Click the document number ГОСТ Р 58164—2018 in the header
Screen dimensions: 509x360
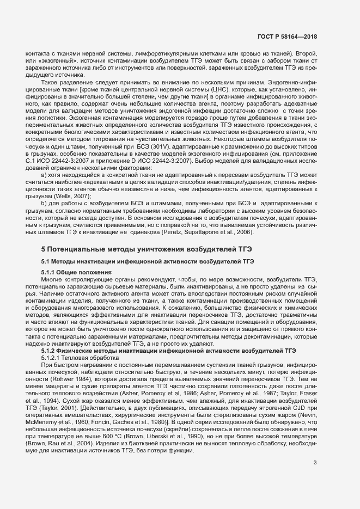point(286,36)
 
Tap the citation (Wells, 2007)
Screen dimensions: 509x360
point(70,196)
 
